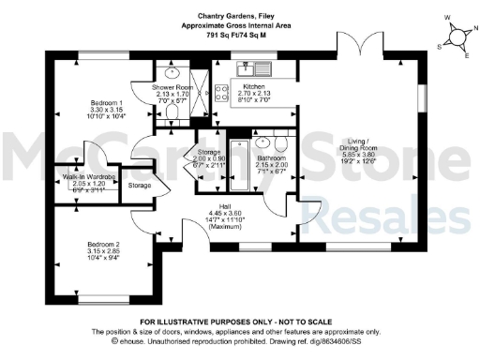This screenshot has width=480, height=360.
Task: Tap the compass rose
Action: pos(457,37)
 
